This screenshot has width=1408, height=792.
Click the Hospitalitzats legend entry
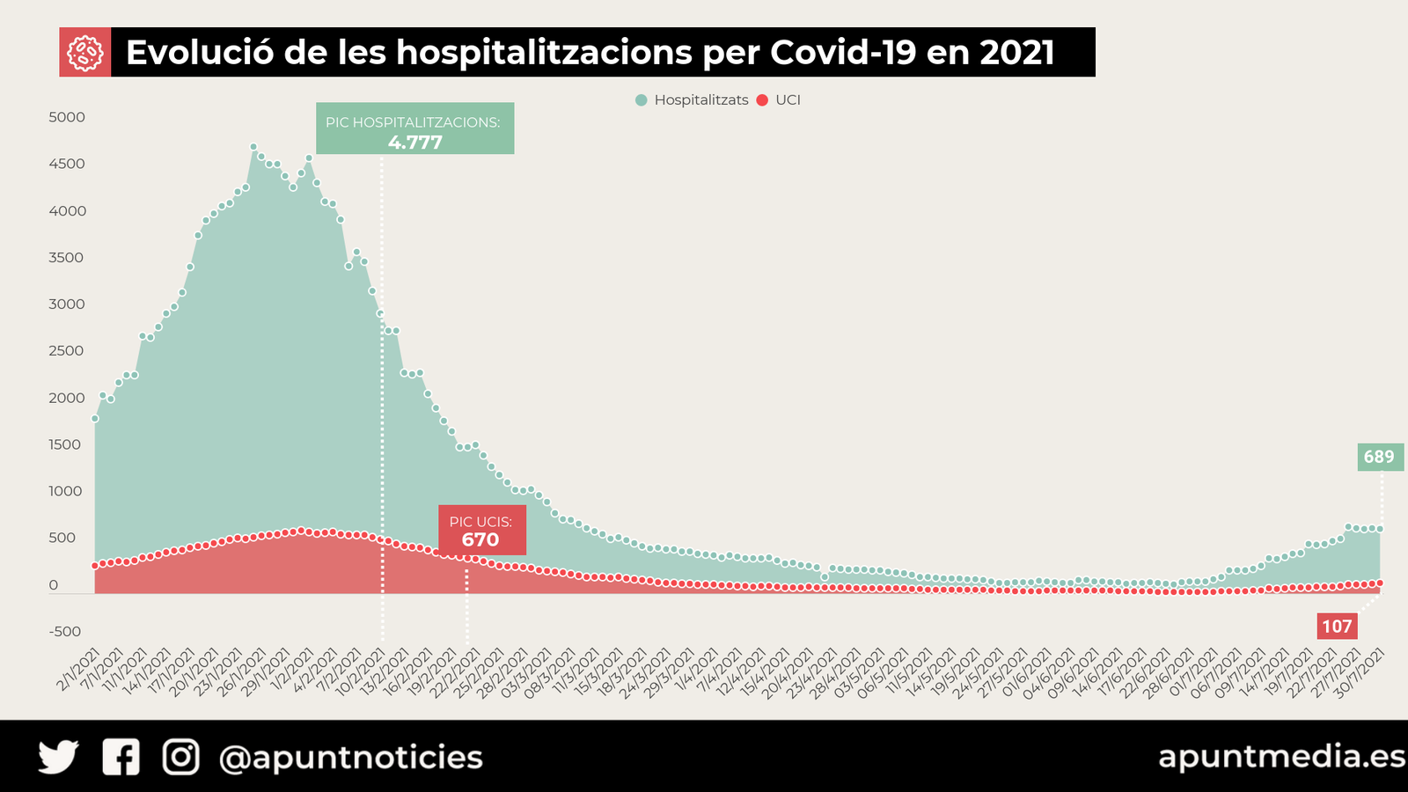point(692,100)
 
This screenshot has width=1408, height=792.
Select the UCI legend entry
point(779,100)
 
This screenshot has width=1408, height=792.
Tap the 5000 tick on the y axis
point(67,117)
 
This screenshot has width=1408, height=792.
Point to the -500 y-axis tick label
point(64,632)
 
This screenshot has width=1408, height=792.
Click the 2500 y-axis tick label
point(67,351)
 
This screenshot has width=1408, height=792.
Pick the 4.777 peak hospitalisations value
point(414,143)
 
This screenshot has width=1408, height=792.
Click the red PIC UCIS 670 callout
point(481,531)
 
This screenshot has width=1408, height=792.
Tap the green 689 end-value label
point(1379,457)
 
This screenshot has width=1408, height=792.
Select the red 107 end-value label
point(1337,627)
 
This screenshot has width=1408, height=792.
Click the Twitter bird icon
point(58,757)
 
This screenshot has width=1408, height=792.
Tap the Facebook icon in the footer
point(121,757)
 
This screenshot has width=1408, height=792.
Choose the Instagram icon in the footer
point(180,757)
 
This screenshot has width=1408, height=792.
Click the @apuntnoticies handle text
point(350,758)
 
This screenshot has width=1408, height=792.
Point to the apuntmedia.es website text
point(1281,756)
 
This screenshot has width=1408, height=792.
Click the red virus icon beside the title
point(85,53)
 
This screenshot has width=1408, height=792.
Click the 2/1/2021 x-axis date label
point(79,671)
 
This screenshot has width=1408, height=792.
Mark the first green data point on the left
point(95,419)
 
